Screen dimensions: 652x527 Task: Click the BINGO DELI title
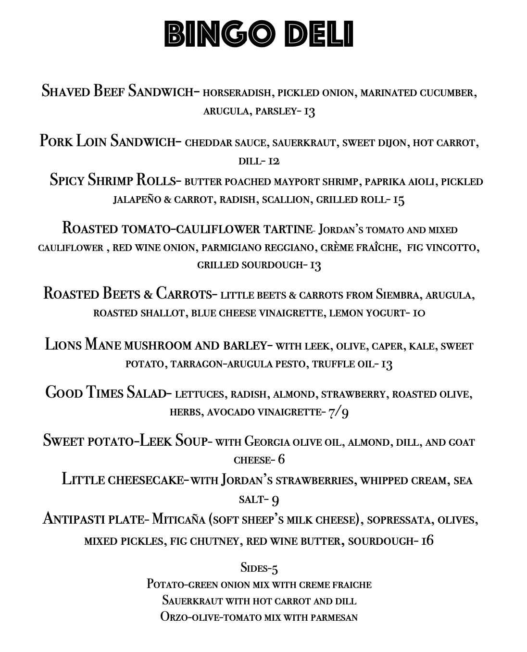[x=259, y=34]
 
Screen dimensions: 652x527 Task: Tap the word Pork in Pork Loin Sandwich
[x=56, y=141]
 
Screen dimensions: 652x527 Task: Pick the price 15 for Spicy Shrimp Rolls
[x=399, y=200]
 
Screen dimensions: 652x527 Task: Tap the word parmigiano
[x=230, y=248]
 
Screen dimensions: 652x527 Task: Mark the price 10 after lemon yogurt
[x=418, y=313]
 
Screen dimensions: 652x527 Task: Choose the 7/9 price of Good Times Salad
[x=339, y=413]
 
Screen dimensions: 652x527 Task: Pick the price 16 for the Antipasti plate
[x=427, y=541]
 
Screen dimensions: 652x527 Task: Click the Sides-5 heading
[x=259, y=568]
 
